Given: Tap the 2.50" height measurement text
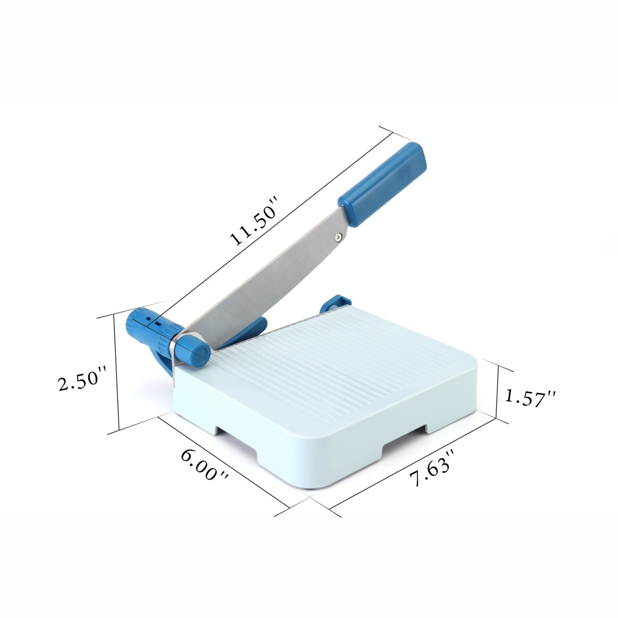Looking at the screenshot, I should [x=82, y=379].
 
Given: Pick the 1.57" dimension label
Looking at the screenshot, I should [x=529, y=397].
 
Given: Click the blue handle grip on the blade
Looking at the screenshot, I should [x=382, y=183].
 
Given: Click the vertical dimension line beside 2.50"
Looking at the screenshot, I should [x=116, y=372].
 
